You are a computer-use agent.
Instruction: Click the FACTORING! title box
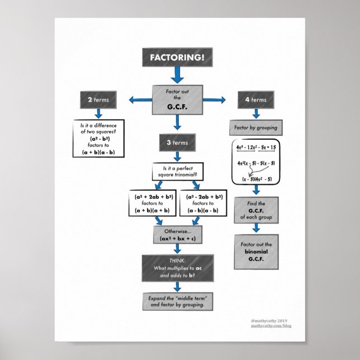[x=177, y=57]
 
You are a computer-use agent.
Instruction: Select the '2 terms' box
[x=98, y=101]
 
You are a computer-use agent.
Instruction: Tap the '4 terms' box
[x=255, y=100]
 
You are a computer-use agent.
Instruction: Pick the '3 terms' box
[x=177, y=143]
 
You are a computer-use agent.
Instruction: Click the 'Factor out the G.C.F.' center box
[x=177, y=99]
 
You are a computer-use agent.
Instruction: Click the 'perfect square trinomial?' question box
[x=177, y=171]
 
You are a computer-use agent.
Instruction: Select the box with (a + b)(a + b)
[x=153, y=204]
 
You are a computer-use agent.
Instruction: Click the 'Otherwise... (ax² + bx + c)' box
[x=177, y=234]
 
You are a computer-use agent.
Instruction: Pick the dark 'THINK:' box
[x=177, y=268]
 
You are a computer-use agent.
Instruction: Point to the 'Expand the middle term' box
[x=177, y=301]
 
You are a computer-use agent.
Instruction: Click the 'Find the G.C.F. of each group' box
[x=255, y=210]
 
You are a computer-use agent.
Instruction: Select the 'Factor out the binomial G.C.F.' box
[x=255, y=252]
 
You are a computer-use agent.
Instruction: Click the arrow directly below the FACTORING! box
[x=177, y=74]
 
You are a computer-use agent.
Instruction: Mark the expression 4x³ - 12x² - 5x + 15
[x=255, y=147]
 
